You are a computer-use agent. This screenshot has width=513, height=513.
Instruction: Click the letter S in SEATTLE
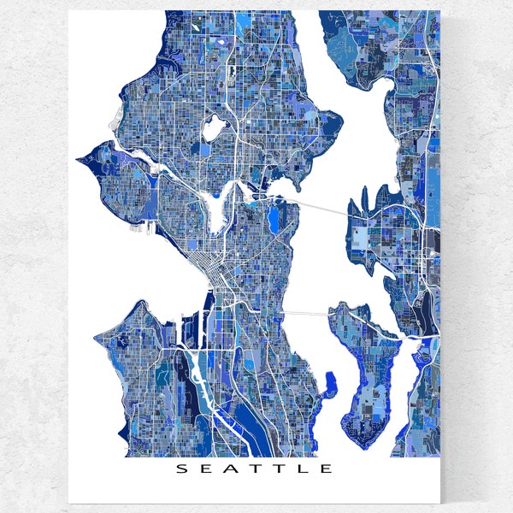coord(180,469)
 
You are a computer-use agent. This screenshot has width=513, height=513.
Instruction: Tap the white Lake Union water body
coord(214,209)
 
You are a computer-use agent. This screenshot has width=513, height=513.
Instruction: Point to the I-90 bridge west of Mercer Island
coord(308,313)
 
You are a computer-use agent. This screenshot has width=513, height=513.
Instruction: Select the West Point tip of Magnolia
coord(79,158)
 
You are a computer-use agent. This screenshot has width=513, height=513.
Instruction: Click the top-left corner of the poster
coord(69,11)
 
